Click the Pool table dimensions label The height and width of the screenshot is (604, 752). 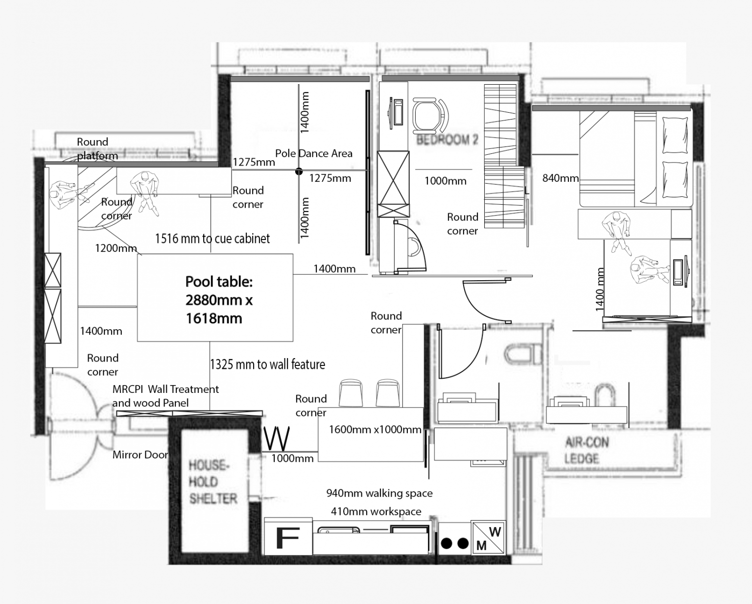coord(219,300)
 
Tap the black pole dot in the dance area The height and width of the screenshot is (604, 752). coord(299,171)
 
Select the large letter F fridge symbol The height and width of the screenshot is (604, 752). coord(287,537)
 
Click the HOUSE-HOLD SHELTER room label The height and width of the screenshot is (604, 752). coord(213,482)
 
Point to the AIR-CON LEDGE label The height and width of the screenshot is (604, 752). coord(587,451)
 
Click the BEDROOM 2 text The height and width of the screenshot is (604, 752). coord(447,140)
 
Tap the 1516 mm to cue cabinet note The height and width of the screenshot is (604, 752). coord(212,239)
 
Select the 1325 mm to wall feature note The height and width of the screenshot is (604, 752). coord(268,364)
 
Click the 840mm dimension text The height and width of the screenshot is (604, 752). coord(561,178)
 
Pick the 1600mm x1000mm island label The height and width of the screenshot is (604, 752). coord(375,430)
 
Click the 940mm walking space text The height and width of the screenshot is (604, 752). coord(379,493)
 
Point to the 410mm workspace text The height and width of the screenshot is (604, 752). coord(376,511)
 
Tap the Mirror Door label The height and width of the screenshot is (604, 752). coord(141,455)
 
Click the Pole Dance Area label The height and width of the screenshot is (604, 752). coord(314,153)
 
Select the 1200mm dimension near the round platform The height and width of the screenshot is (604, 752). coord(116,248)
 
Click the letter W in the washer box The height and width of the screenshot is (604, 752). coord(495,532)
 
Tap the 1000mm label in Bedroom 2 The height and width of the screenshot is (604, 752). coord(446,181)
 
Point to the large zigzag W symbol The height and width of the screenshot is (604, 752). coord(277,438)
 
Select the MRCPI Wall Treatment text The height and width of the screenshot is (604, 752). coord(165,389)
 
